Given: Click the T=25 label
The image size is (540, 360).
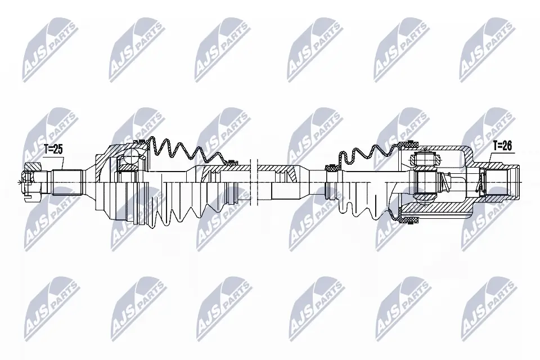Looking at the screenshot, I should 53,150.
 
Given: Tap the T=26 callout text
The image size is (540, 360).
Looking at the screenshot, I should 502,146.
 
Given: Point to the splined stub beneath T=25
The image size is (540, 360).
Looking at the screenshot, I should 66,182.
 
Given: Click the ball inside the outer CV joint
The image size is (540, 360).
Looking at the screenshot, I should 131,157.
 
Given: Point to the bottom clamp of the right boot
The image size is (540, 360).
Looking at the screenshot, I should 403,216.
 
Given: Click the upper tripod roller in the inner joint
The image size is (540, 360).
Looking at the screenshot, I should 425,158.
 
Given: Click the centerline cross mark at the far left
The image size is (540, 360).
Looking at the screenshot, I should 20,182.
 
